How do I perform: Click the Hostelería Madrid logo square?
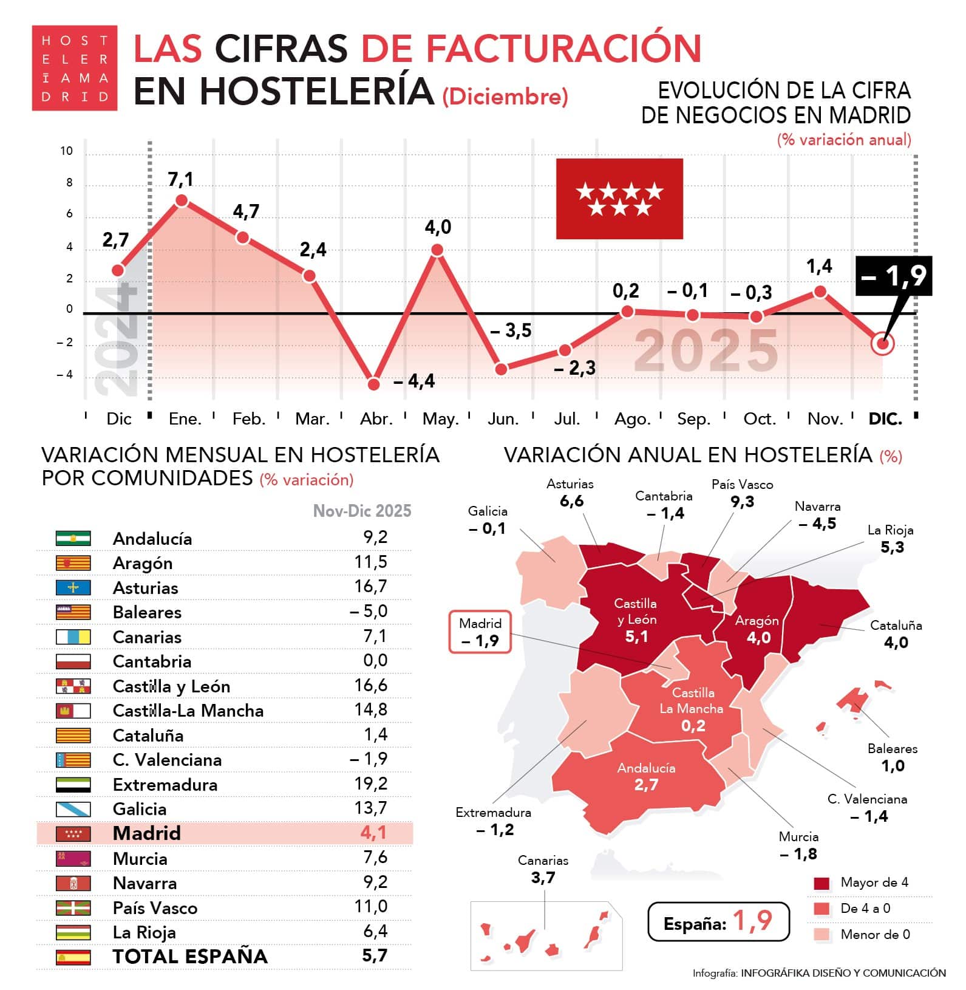pos(74,68)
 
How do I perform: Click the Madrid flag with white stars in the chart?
pos(619,199)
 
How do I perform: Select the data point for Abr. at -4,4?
pos(374,384)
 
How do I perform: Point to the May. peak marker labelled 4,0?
pos(437,250)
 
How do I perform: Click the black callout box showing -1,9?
pos(893,276)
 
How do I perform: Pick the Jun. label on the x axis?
pos(503,419)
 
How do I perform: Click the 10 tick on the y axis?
pos(66,151)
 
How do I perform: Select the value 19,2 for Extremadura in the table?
pos(370,783)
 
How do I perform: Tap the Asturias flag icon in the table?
pos(73,587)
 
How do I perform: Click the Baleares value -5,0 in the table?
pos(369,611)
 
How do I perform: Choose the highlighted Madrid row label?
pos(147,833)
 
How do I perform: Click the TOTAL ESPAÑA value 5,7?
pos(374,955)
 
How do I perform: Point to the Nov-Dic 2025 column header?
pos(362,511)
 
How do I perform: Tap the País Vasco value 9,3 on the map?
pos(742,502)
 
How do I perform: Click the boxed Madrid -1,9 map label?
pos(480,632)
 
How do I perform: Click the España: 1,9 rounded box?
pos(718,921)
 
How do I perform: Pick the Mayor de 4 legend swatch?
pos(821,882)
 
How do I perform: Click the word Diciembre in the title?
pos(505,97)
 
